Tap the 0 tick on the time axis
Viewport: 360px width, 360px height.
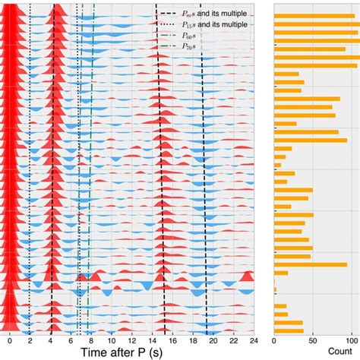point(9,339)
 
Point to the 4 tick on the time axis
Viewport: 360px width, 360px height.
point(50,339)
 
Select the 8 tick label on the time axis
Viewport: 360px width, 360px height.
point(91,339)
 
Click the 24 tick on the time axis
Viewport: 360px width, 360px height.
point(254,339)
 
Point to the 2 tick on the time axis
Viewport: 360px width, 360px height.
point(30,339)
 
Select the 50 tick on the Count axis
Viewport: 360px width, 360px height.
point(313,339)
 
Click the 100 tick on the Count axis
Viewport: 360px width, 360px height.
point(351,339)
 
